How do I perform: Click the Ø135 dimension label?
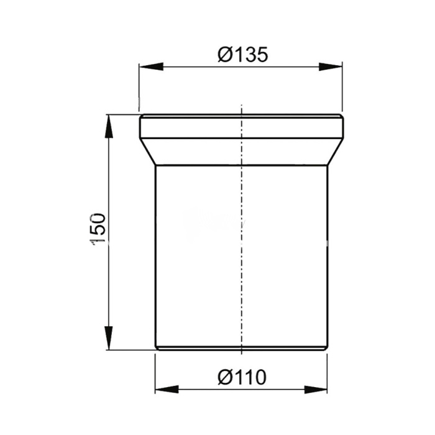click(243, 55)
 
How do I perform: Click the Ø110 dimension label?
click(242, 377)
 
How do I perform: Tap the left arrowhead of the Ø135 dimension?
click(151, 67)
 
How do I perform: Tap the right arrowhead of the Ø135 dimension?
click(331, 67)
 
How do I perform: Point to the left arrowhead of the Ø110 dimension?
click(167, 390)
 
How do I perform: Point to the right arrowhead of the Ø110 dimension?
click(316, 390)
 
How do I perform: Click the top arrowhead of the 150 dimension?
click(109, 126)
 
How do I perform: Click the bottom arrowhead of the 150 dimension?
click(109, 338)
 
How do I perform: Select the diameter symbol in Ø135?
click(225, 55)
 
